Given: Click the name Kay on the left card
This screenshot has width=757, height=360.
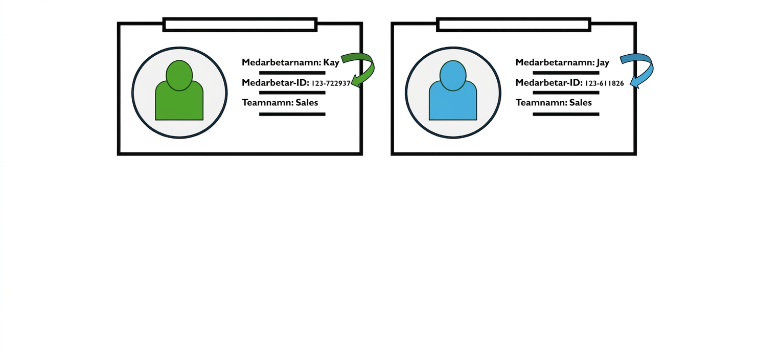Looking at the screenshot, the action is click(x=331, y=63).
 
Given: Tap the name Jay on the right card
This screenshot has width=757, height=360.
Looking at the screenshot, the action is click(x=603, y=63).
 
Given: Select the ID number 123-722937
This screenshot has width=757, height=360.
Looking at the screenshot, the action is click(x=331, y=83).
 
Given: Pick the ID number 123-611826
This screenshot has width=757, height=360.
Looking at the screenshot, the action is click(x=604, y=83).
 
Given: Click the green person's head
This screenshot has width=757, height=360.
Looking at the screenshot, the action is click(x=179, y=75).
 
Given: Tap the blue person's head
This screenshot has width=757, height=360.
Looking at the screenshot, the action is click(x=453, y=75).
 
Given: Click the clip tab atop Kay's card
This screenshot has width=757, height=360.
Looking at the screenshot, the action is click(x=240, y=25).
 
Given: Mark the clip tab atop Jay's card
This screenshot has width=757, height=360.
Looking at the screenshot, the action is click(x=514, y=25).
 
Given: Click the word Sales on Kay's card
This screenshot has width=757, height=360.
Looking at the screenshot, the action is click(x=307, y=103).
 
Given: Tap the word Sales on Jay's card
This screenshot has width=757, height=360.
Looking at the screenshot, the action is click(x=581, y=103).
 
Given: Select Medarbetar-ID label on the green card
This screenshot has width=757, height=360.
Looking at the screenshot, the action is click(x=276, y=83).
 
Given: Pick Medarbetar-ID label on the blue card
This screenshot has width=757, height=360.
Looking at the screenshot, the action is click(x=549, y=83).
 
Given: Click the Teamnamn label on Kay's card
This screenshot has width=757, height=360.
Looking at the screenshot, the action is click(x=268, y=103).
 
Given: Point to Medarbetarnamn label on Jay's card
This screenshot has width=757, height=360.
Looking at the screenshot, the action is click(x=555, y=62).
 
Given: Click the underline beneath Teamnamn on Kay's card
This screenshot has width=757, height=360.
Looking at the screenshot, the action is click(x=292, y=114).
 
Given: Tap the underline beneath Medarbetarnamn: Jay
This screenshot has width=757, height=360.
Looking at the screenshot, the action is click(x=566, y=73).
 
